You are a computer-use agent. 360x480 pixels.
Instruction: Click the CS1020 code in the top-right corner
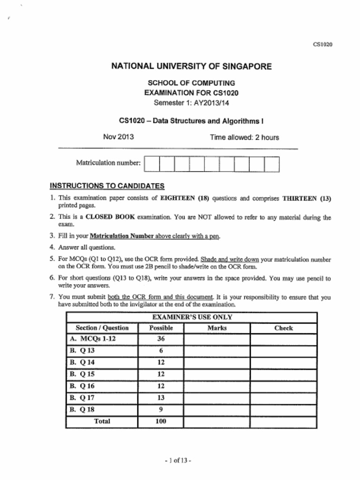coord(322,45)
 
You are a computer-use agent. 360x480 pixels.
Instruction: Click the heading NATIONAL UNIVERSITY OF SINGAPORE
coord(191,67)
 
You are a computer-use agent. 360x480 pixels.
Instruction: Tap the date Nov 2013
coord(118,137)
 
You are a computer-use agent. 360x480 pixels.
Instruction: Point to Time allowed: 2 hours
coord(244,137)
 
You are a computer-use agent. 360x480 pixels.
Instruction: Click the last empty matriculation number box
coord(272,164)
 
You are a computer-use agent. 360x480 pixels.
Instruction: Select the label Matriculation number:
coord(108,163)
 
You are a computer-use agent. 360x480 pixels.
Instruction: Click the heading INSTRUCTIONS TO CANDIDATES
coord(107,186)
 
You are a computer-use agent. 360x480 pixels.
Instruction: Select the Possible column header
coord(161,328)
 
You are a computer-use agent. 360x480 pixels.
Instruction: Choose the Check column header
coord(283,328)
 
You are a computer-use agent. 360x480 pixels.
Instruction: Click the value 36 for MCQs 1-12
coord(161,339)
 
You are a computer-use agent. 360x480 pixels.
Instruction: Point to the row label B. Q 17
coord(82,397)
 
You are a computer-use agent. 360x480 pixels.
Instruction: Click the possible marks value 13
coord(161,397)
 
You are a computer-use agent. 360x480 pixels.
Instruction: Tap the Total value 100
coord(161,421)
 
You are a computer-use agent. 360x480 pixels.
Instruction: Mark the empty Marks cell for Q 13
coord(217,351)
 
